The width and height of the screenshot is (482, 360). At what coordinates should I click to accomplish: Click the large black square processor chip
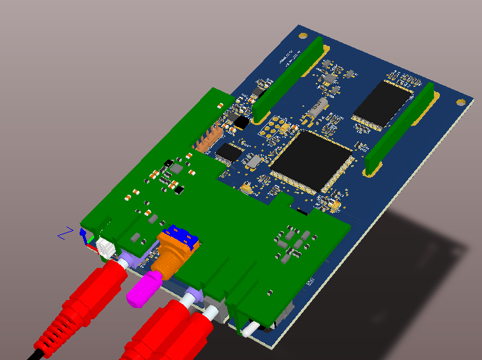(x=310, y=161)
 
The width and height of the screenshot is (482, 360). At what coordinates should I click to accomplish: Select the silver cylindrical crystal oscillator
(x=317, y=109)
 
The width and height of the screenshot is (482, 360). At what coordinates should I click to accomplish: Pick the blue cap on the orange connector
(x=182, y=238)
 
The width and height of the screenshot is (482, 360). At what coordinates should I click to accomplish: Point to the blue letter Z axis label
(x=64, y=233)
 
